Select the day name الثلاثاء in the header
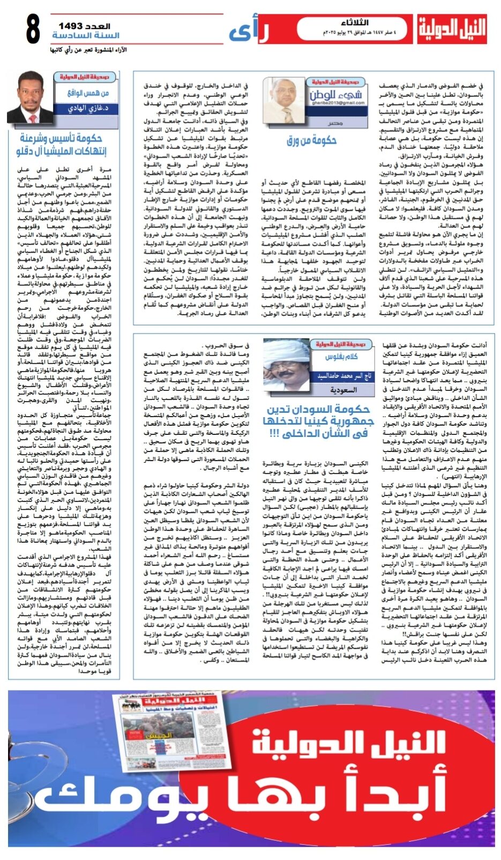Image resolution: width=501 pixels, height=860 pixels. (x=355, y=23)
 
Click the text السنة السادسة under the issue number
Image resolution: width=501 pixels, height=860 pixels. (x=86, y=35)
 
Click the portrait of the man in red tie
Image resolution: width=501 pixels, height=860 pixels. (x=30, y=98)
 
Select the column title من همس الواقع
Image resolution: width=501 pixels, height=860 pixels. (x=88, y=93)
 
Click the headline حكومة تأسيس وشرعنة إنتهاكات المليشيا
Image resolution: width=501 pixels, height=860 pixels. (x=61, y=145)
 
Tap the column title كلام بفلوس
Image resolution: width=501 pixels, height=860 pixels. (x=341, y=356)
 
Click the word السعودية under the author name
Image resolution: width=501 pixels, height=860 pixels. (x=343, y=390)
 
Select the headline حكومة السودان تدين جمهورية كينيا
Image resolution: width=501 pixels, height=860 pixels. (x=316, y=421)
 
